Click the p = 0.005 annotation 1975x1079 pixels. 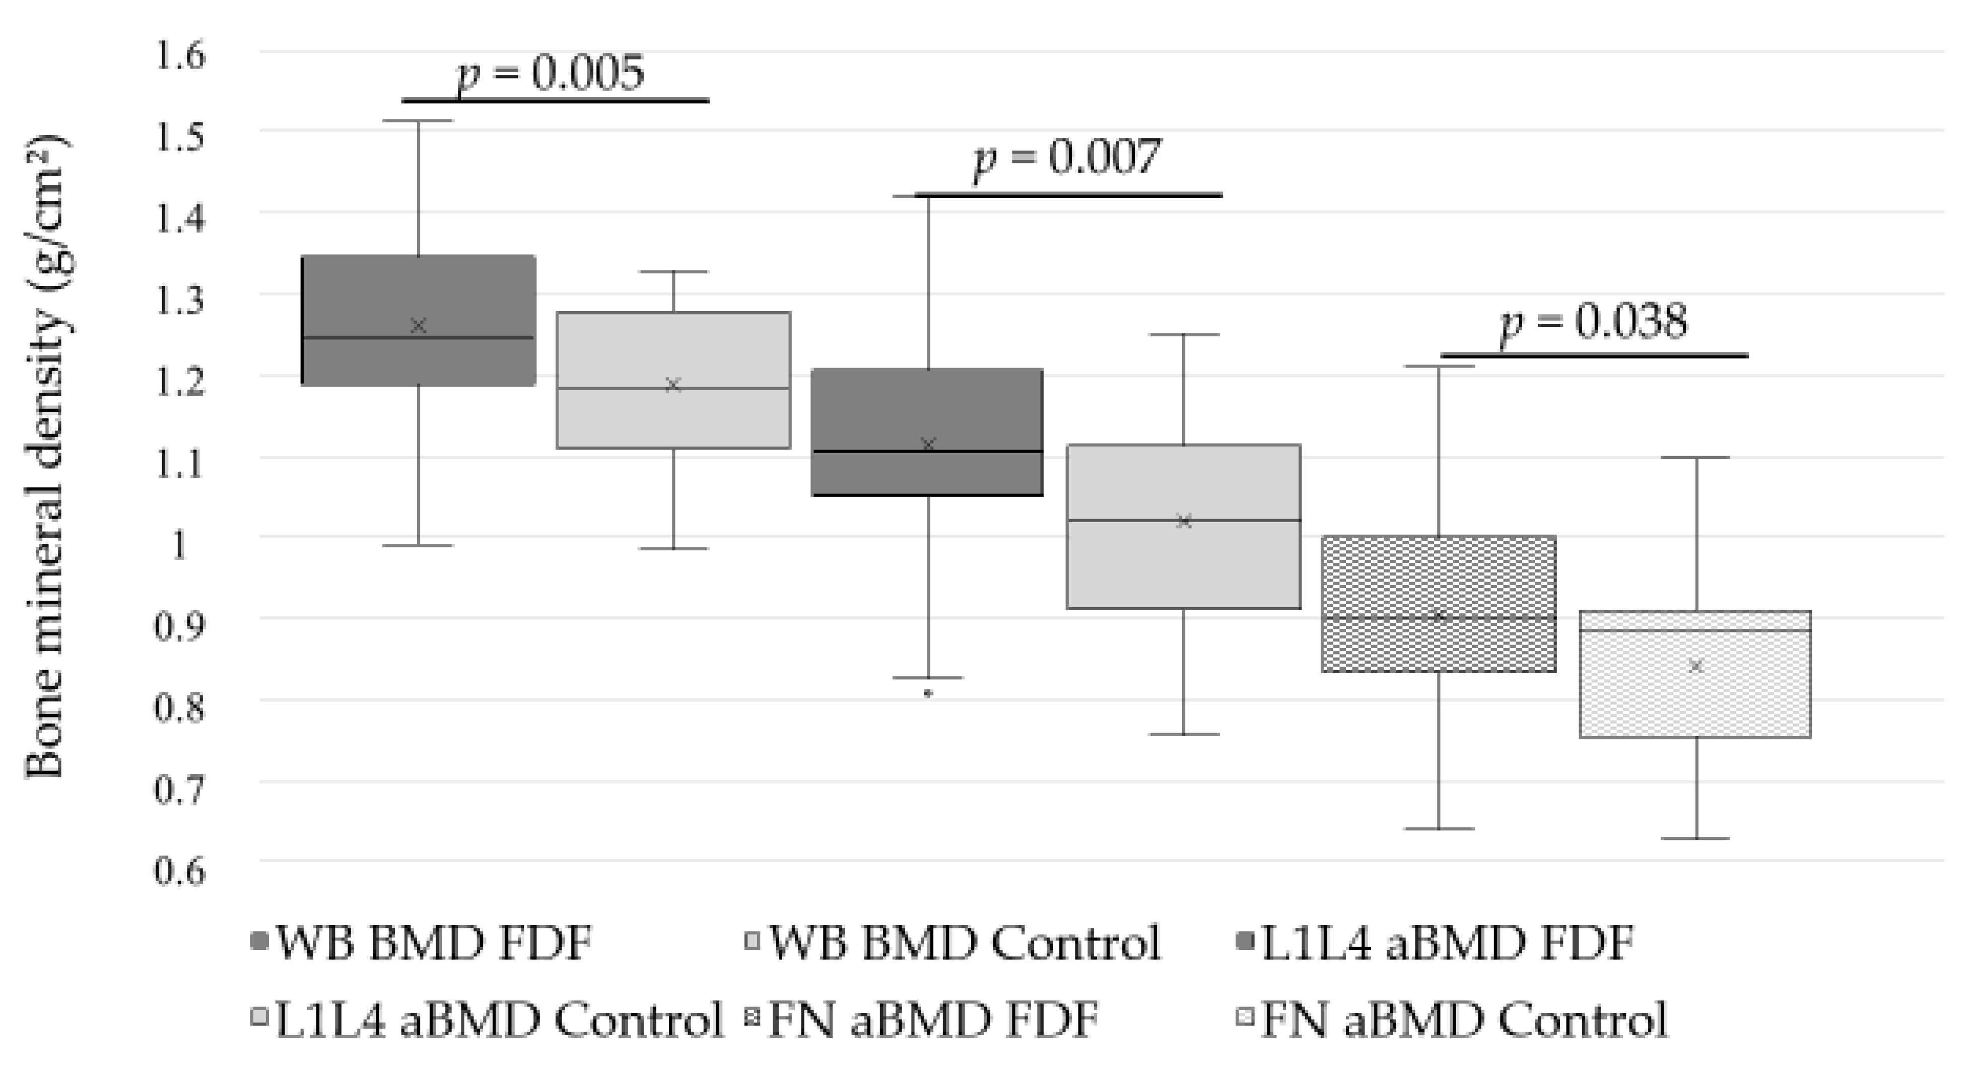[550, 75]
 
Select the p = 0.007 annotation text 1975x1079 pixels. [1066, 159]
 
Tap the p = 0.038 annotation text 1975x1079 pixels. [1593, 322]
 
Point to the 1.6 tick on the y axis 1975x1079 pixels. [180, 56]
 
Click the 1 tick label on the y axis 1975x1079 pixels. [179, 545]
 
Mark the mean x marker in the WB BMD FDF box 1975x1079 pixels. [419, 326]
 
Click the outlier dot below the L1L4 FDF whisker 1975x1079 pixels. [928, 693]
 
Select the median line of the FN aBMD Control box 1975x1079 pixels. [1695, 631]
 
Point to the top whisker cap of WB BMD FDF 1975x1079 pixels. [419, 121]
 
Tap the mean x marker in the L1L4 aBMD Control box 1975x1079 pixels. [1184, 522]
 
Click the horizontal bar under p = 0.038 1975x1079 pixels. [1594, 355]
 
